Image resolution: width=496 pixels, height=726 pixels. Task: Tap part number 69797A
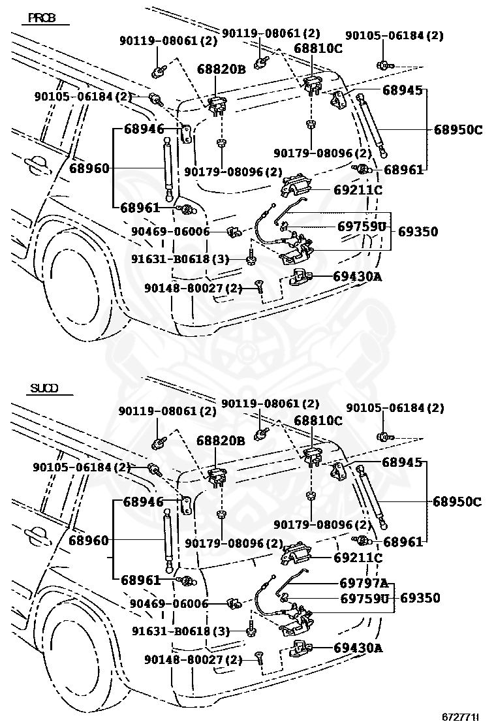point(364,583)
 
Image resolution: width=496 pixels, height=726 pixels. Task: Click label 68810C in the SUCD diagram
point(318,421)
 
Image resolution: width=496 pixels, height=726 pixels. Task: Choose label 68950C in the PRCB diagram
point(457,130)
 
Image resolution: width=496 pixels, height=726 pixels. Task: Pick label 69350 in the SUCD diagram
point(418,597)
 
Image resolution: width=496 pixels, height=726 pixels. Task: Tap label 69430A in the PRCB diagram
point(357,277)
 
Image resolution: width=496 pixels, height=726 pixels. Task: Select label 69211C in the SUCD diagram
point(357,558)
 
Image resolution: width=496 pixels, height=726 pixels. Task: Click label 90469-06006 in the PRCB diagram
point(169,232)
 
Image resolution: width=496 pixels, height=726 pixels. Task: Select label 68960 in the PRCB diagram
point(89,168)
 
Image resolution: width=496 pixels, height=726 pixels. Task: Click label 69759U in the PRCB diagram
point(362,227)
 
